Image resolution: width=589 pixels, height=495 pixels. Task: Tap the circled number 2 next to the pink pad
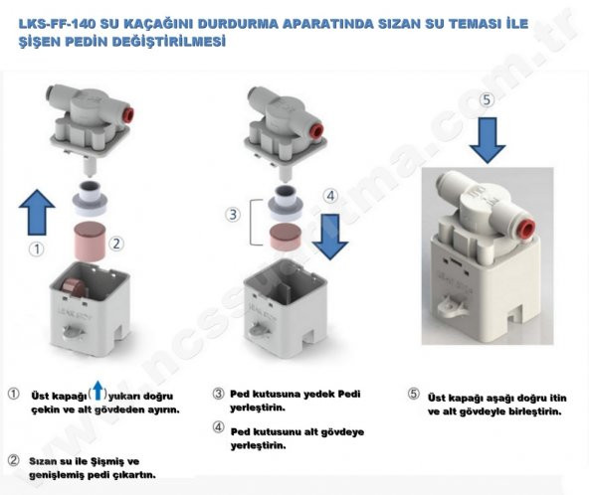116,243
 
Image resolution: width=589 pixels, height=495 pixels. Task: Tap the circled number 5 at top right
487,100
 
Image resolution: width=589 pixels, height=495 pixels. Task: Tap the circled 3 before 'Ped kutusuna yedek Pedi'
217,395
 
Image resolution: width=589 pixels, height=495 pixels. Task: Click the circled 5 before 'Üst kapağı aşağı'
413,395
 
